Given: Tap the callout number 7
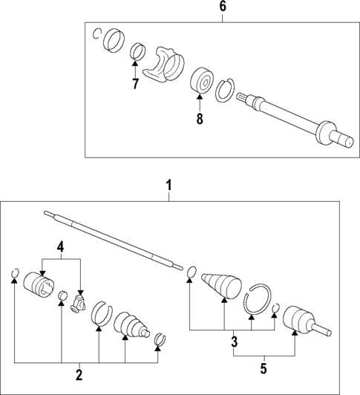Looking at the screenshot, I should [135, 85].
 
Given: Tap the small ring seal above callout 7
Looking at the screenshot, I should [137, 52].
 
